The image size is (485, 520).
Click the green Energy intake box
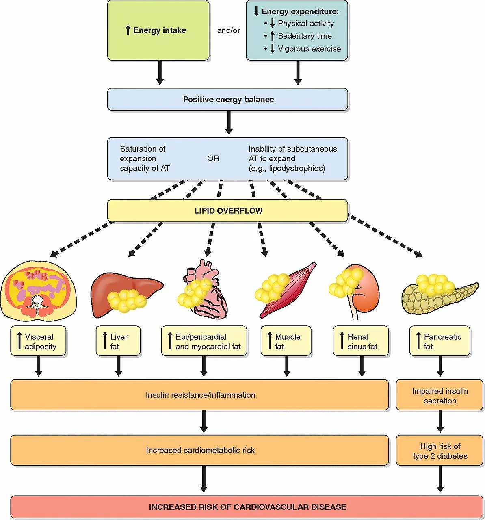pyautogui.click(x=158, y=30)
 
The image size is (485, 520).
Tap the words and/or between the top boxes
pyautogui.click(x=228, y=30)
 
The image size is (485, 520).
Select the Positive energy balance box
pyautogui.click(x=227, y=99)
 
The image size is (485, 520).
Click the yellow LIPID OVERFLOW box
pyautogui.click(x=227, y=211)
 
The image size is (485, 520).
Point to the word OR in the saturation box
pyautogui.click(x=213, y=158)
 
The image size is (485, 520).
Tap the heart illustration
pyautogui.click(x=203, y=289)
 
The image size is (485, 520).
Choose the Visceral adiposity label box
pyautogui.click(x=38, y=341)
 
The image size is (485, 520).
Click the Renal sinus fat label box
pyautogui.click(x=361, y=341)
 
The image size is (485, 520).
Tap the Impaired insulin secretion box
pyautogui.click(x=440, y=395)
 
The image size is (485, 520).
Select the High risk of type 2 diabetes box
pyautogui.click(x=440, y=451)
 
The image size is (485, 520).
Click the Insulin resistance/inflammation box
pyautogui.click(x=199, y=395)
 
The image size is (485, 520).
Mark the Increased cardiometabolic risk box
pyautogui.click(x=199, y=451)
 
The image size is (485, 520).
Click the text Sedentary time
pyautogui.click(x=305, y=36)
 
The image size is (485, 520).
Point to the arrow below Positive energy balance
pyautogui.click(x=229, y=123)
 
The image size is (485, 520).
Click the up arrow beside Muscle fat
pyautogui.click(x=270, y=340)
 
